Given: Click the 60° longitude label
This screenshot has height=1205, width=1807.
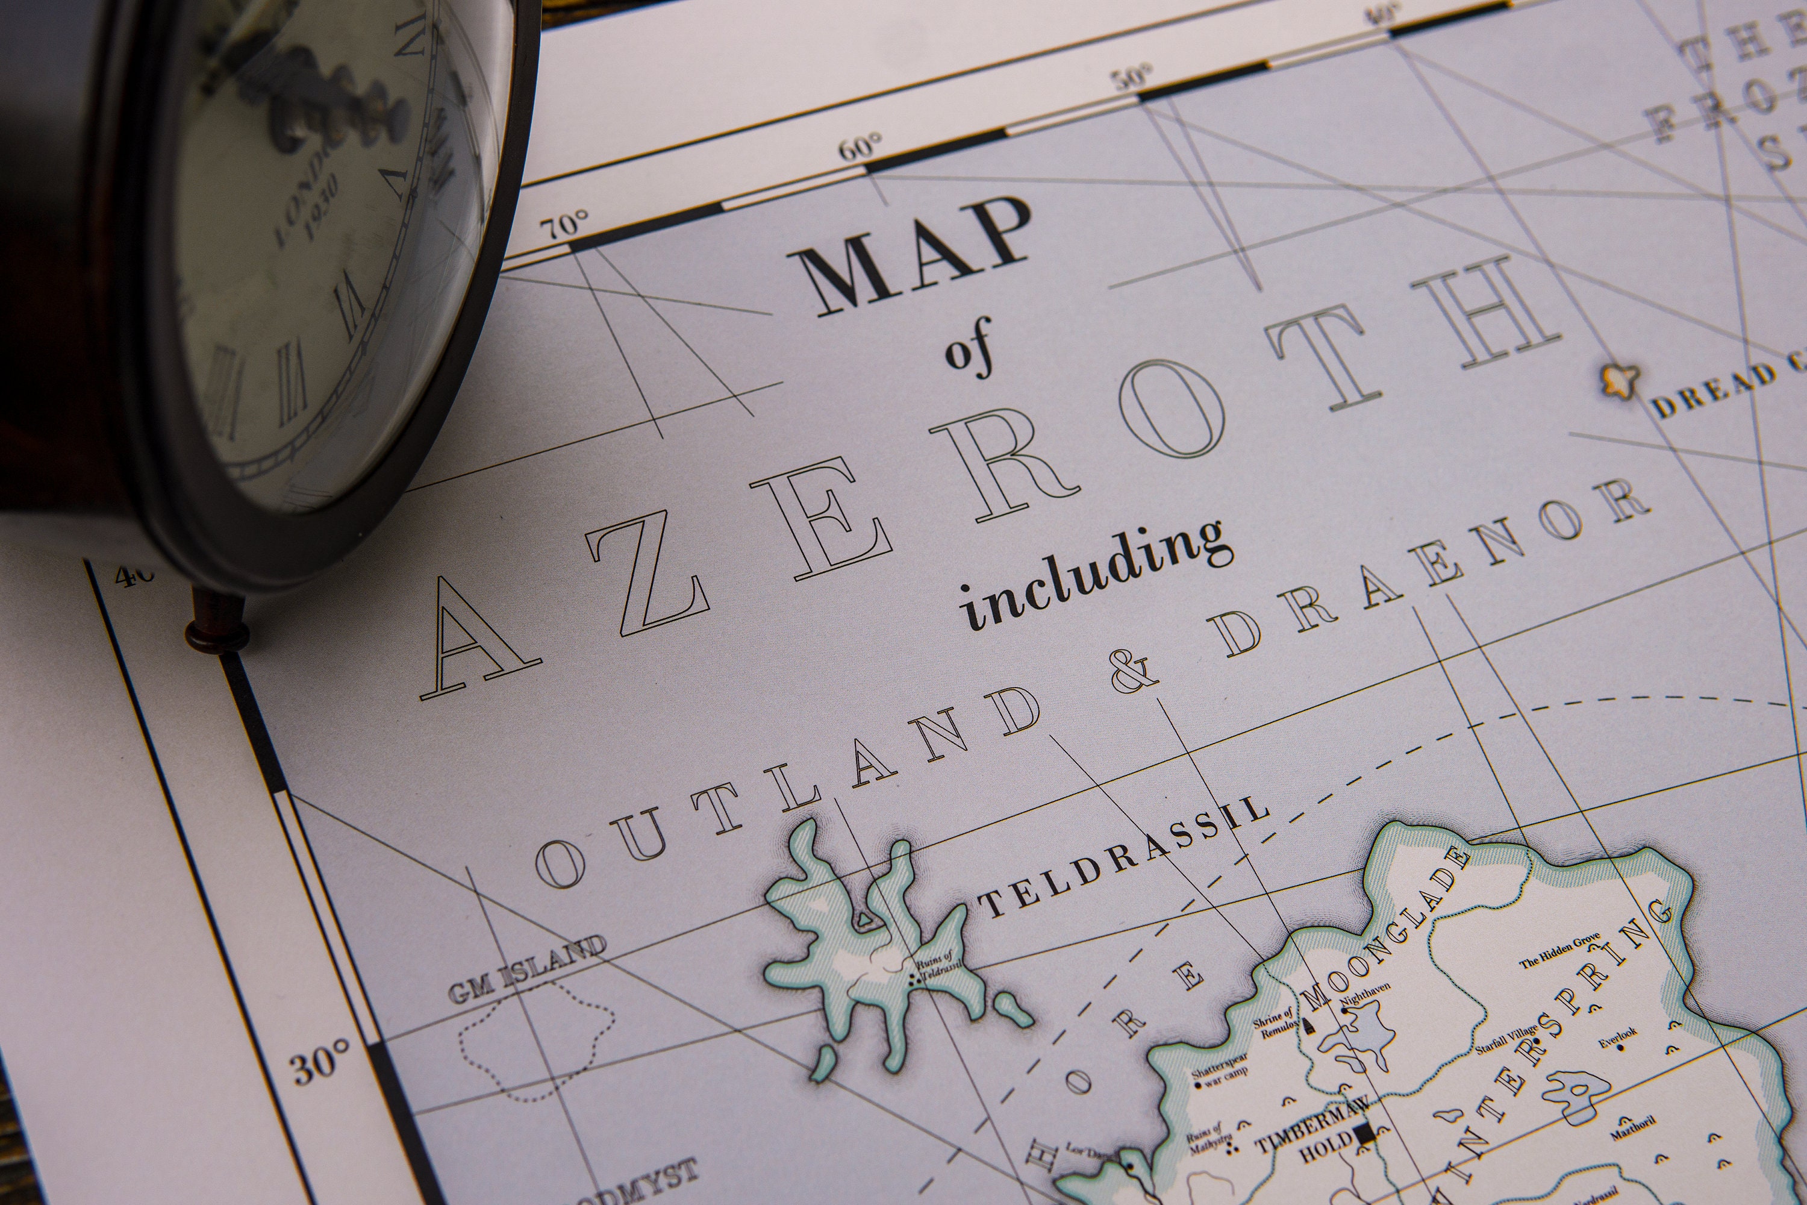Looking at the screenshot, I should click(x=860, y=146).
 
